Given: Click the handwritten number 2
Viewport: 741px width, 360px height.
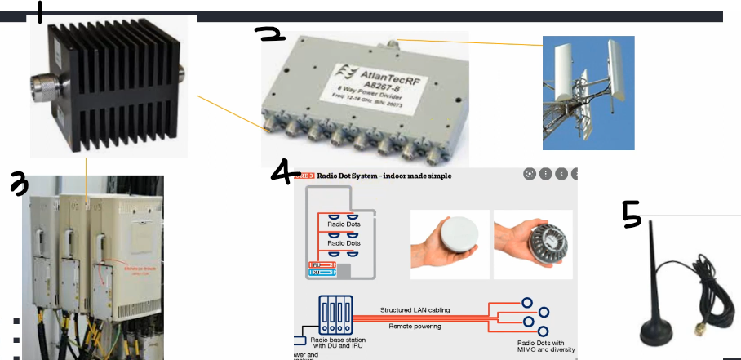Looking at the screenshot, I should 269,34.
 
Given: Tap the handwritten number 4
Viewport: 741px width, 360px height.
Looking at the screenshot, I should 285,172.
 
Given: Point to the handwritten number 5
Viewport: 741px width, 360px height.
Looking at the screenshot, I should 632,214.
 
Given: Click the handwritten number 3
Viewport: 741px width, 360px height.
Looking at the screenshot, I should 19,184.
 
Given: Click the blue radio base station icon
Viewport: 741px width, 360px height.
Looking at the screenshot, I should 334,313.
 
